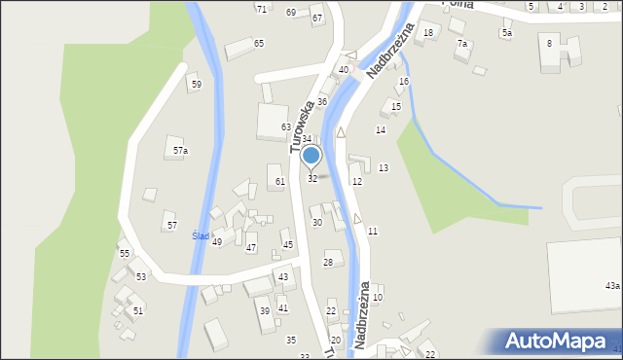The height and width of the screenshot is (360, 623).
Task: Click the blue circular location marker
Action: pyautogui.click(x=311, y=155)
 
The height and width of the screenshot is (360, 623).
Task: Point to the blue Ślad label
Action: pyautogui.click(x=201, y=236)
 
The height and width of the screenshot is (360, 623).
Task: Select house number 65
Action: pyautogui.click(x=259, y=43)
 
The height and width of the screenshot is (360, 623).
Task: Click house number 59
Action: pyautogui.click(x=196, y=85)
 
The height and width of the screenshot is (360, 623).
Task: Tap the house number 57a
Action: pyautogui.click(x=180, y=151)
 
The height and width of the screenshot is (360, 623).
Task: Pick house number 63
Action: pyautogui.click(x=286, y=127)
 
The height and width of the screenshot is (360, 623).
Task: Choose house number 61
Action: pyautogui.click(x=279, y=181)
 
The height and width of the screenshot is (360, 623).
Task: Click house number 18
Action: pyautogui.click(x=428, y=33)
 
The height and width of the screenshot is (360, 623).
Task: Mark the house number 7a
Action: pyautogui.click(x=462, y=44)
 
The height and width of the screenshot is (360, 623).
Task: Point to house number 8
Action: pyautogui.click(x=549, y=43)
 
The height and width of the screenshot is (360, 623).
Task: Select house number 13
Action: pyautogui.click(x=384, y=168)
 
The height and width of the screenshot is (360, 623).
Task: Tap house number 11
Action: pyautogui.click(x=373, y=231)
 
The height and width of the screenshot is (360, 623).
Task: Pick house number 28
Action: pyautogui.click(x=328, y=263)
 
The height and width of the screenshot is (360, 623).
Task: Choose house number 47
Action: pyautogui.click(x=251, y=248)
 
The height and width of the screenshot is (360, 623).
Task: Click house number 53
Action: pyautogui.click(x=141, y=277)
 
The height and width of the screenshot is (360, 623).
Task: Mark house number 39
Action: pyautogui.click(x=264, y=311)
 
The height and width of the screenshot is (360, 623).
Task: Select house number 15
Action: pyautogui.click(x=396, y=106)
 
